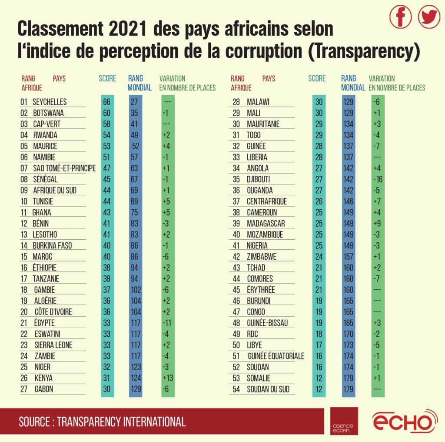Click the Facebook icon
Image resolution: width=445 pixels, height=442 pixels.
(400, 17)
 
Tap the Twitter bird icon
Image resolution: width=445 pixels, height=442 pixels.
(429, 17)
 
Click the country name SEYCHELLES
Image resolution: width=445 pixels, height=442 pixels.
(50, 102)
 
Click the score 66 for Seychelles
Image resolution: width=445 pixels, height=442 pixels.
(107, 102)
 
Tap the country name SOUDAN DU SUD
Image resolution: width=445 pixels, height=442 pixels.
(268, 389)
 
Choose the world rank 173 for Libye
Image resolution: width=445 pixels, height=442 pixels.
(349, 345)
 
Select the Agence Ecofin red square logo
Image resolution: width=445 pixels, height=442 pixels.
(344, 421)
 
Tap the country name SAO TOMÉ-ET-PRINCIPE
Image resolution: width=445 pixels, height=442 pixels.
(64, 168)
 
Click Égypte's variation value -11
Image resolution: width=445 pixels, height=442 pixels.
(167, 323)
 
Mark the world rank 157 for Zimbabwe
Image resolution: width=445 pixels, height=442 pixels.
(349, 257)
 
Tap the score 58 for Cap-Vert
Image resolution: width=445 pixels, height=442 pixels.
(107, 124)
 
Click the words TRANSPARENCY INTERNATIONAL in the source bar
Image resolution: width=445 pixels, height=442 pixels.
(121, 422)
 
